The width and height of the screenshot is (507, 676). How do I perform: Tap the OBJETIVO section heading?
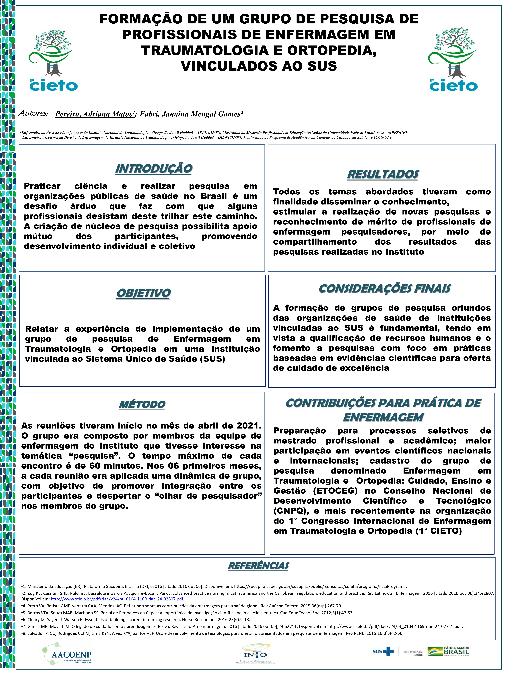[x=143, y=293]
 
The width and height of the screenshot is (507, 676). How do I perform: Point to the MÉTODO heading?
[x=142, y=404]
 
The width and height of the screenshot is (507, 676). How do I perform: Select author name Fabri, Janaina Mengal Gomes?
[x=191, y=114]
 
